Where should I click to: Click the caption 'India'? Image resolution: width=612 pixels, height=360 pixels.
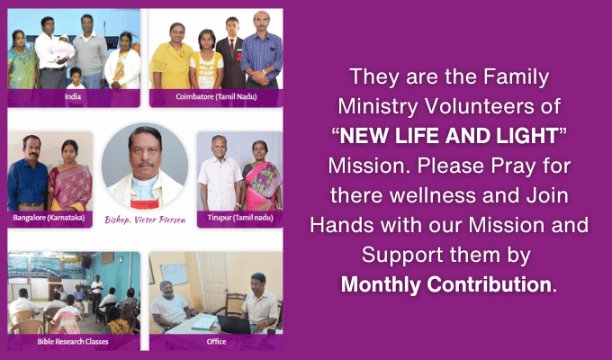tap(73, 96)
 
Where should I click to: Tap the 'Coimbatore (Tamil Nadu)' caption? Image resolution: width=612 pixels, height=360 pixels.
tap(216, 96)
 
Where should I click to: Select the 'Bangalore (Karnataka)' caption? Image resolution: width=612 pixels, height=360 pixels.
tap(49, 218)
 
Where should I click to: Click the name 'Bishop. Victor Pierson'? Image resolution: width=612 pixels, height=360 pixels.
tap(145, 220)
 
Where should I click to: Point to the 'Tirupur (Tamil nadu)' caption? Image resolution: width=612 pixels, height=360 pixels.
tap(240, 218)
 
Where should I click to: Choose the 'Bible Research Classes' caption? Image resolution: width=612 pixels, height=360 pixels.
tap(73, 342)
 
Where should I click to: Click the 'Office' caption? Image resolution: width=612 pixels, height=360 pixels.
tap(216, 342)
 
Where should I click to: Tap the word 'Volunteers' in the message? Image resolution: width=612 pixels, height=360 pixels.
tap(473, 106)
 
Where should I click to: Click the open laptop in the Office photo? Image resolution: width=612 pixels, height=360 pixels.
tap(234, 324)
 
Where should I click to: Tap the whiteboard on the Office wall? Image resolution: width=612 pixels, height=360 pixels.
tap(174, 274)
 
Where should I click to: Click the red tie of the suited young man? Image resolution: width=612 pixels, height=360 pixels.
tap(232, 47)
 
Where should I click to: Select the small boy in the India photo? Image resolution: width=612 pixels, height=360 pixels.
tap(76, 78)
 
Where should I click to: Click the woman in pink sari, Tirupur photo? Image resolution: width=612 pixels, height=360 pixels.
tap(262, 176)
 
